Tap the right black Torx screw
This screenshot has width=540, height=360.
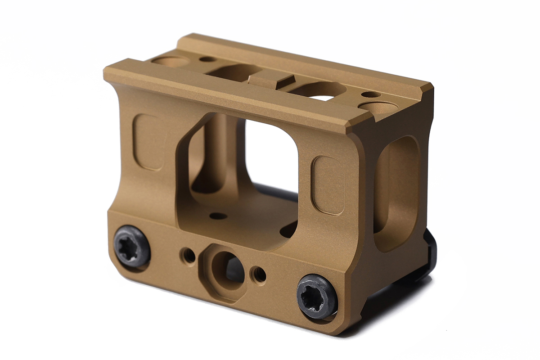pyautogui.click(x=317, y=296)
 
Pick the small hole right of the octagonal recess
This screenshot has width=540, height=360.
pyautogui.click(x=260, y=274)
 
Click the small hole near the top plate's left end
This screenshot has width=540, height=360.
pyautogui.click(x=207, y=59)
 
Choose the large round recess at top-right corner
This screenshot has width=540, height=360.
pyautogui.click(x=381, y=108)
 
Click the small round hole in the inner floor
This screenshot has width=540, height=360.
pyautogui.click(x=218, y=216)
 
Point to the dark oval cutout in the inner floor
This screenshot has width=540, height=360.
pyautogui.click(x=289, y=229)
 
